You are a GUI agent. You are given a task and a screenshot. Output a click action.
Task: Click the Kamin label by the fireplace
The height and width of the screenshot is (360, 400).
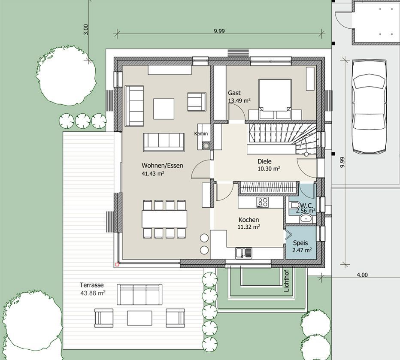pos(201,133)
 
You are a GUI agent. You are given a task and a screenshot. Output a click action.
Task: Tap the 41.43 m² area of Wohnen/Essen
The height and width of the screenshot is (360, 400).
pos(153,174)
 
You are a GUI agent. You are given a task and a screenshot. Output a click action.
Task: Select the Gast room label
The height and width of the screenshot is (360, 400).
pos(234,93)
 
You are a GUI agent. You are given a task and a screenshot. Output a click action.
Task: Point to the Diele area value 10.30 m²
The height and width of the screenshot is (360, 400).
pos(269,169)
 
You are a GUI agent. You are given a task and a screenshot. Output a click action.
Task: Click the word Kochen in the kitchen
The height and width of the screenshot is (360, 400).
pos(249,220)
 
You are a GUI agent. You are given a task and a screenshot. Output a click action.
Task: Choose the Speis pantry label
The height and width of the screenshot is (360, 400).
pos(300,243)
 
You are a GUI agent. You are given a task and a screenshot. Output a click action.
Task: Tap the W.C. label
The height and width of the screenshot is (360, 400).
pos(306,205)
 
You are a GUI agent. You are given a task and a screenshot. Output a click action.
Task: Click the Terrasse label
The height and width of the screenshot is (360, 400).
pos(91,285)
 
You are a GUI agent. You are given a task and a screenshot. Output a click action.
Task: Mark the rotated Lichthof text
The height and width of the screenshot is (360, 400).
pos(286,281)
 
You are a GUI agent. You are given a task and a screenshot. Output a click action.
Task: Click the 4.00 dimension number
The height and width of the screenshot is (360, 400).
pos(362,275)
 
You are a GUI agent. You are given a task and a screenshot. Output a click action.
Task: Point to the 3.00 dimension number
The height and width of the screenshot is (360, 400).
pos(86,29)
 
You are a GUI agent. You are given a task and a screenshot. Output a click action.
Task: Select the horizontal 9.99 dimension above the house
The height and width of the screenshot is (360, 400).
pos(219,31)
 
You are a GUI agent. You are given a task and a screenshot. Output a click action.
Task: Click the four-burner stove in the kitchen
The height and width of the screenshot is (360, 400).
pos(263,203)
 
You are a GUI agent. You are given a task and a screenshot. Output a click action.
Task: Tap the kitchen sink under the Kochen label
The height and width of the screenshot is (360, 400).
pos(244,253)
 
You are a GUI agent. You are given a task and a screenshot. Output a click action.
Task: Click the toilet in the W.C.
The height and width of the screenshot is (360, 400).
pos(295,206)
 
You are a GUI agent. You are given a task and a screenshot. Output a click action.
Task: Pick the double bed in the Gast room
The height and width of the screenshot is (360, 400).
pos(275,99)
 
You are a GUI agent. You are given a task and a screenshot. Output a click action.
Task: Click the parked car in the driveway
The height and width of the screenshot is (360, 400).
pos(369,107)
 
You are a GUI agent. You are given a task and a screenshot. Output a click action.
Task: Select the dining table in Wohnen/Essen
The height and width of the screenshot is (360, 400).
pos(164,219)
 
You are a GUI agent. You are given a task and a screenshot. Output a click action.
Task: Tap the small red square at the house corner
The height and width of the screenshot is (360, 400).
pos(117,264)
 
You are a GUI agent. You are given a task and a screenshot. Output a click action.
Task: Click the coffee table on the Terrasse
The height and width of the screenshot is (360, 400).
pos(139,318)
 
